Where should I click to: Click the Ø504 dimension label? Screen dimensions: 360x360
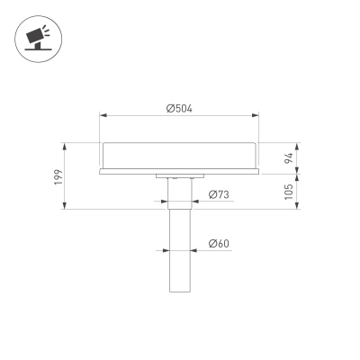180,108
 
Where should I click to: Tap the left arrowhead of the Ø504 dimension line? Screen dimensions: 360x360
103,115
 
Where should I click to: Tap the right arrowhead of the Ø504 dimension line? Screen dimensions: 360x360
258,115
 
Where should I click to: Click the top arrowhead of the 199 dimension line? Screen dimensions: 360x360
65,144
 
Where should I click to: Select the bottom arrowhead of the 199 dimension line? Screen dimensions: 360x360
65,208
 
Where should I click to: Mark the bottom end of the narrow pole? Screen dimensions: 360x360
180,293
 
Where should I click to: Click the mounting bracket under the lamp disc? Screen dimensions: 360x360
180,176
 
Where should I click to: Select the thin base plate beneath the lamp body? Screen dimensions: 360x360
180,169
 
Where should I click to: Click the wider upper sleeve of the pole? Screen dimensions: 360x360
180,193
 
